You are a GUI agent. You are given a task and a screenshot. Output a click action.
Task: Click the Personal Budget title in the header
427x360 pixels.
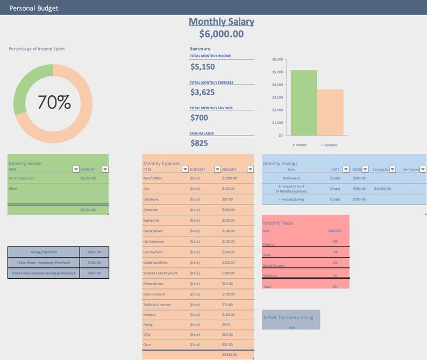point(34,8)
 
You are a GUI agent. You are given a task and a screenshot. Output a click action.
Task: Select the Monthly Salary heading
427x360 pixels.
point(221,22)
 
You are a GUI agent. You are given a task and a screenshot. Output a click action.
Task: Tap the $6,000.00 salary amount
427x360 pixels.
point(221,34)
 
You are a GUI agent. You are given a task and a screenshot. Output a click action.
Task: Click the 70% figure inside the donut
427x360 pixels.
point(54,102)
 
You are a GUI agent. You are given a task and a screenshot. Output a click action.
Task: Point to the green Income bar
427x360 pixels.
point(303,102)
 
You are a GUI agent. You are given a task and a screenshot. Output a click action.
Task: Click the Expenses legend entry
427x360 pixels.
point(329,145)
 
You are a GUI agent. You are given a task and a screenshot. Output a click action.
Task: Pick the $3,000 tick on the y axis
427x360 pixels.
point(277,97)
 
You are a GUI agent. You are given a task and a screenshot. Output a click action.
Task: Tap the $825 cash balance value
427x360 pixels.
point(199,143)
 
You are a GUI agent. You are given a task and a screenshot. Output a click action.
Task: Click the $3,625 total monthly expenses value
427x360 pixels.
point(202,92)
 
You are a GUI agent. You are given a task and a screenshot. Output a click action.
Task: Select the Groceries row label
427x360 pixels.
point(151,210)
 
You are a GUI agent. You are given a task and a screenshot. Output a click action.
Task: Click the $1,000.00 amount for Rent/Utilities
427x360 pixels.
point(229,178)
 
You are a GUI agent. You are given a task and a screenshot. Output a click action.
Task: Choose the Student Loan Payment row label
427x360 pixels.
point(160,273)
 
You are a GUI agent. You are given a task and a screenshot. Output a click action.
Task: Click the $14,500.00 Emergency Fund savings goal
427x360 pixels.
point(382,189)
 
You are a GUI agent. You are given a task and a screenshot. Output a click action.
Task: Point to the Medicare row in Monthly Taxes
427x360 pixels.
point(270,276)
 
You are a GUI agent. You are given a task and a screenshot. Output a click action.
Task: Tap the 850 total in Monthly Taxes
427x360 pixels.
point(335,286)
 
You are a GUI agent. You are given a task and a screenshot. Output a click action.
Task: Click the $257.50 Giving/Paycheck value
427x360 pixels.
point(94,252)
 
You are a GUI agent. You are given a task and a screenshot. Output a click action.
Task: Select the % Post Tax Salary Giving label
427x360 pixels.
point(288,317)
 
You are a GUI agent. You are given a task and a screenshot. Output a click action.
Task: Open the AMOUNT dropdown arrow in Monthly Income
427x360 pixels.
point(105,169)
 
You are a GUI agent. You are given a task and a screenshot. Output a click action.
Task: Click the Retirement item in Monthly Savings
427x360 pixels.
point(291,178)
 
